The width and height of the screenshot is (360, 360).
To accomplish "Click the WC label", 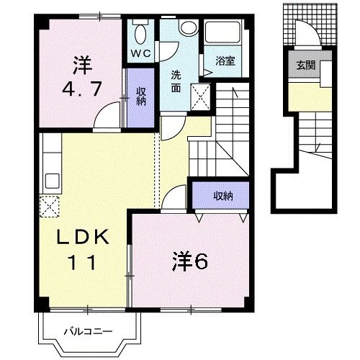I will (140, 53).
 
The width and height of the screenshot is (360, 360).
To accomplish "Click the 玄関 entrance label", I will (303, 66).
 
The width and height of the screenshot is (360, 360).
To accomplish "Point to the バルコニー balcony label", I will (86, 332).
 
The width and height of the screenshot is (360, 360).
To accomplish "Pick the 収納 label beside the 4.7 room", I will (142, 96).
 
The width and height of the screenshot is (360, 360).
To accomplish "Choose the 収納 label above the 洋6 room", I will (222, 195).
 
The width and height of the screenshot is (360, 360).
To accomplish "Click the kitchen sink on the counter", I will (50, 179).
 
